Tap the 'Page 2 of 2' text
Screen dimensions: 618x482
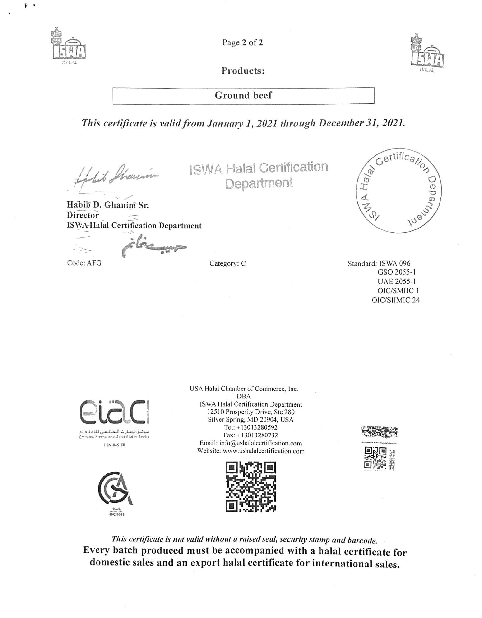click(x=242, y=42)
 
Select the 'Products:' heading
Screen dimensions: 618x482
click(x=243, y=71)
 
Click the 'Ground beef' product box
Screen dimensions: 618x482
click(x=243, y=96)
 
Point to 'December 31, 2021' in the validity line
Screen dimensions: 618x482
click(x=360, y=123)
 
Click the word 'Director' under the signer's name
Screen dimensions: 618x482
click(x=83, y=215)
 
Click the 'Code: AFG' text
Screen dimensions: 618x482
click(x=84, y=263)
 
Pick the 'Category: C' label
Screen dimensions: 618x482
click(x=227, y=264)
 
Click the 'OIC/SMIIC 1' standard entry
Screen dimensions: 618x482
click(x=398, y=291)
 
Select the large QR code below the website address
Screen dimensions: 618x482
click(x=251, y=487)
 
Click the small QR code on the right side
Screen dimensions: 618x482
click(x=375, y=457)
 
